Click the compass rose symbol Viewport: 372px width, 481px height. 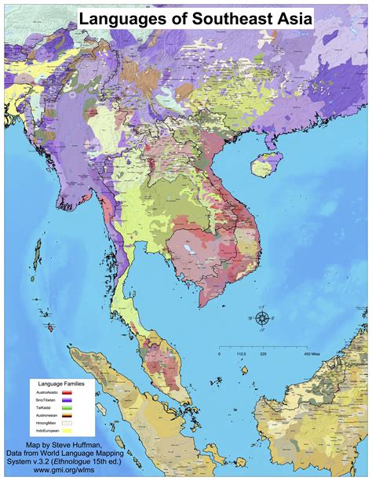pyautogui.click(x=261, y=318)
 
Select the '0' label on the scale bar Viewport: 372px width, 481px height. pyautogui.click(x=219, y=353)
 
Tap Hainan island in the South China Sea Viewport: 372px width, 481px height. pyautogui.click(x=266, y=166)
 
